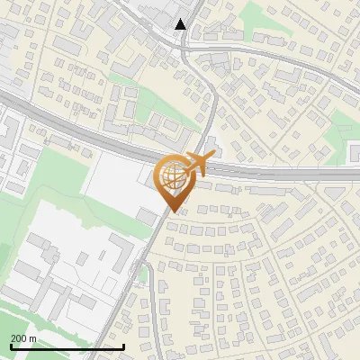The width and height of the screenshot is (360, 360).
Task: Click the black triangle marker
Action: point(181,24)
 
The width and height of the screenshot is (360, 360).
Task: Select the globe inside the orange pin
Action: point(172,176)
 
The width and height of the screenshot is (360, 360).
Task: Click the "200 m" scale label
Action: point(23,337)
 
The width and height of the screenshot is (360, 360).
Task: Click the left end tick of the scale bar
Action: point(11,345)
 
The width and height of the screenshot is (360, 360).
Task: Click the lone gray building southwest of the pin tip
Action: point(147,217)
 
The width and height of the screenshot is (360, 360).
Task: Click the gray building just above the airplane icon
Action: point(210,147)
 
